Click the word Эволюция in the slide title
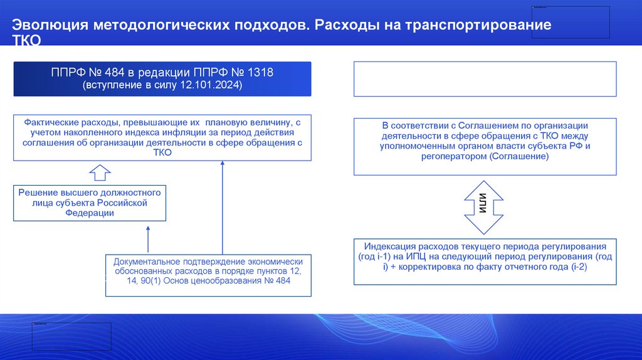pyautogui.click(x=51, y=26)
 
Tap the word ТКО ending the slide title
pyautogui.click(x=27, y=41)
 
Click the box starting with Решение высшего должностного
pyautogui.click(x=90, y=203)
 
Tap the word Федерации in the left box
pyautogui.click(x=90, y=213)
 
